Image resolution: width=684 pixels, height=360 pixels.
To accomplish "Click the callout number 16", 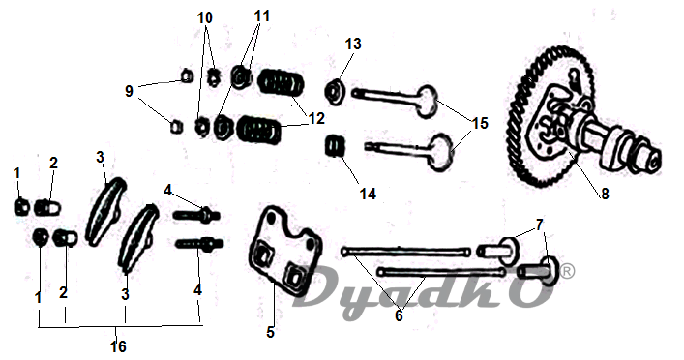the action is [x=118, y=346].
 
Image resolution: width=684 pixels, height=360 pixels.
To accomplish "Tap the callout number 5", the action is [x=271, y=332].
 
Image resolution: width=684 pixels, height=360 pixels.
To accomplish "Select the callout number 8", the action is [x=605, y=194].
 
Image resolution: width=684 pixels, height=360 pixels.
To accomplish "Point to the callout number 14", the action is [x=368, y=194].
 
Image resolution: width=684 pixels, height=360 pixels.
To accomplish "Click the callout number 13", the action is [x=353, y=44].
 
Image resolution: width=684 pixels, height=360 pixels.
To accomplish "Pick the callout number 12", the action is [x=316, y=118].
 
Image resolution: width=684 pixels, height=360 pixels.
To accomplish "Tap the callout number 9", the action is [x=129, y=92].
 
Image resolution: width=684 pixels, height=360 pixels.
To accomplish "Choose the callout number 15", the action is [x=480, y=123].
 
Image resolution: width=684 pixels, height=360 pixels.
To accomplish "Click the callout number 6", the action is [x=399, y=315].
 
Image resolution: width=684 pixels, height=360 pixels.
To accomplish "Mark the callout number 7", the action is [x=540, y=225].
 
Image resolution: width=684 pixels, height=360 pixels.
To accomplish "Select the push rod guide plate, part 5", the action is [x=284, y=254].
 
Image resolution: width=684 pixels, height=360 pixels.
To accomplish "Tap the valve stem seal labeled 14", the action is [x=336, y=146].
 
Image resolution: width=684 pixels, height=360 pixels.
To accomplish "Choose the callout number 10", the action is [x=204, y=17].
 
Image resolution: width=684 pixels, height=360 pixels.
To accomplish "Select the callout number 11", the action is [x=262, y=16].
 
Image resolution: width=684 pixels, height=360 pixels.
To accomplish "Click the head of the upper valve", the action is [x=427, y=102].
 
